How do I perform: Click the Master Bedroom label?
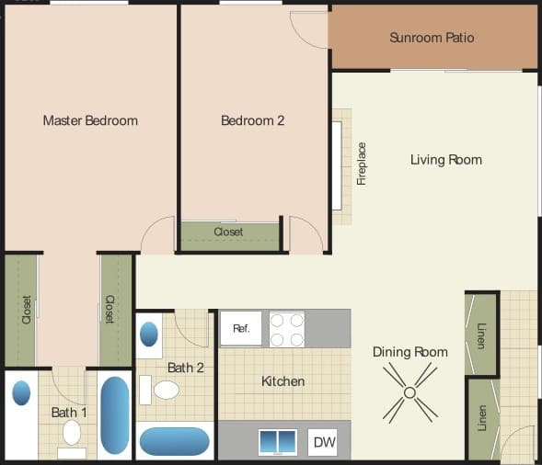pyautogui.click(x=90, y=120)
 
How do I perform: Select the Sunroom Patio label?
pyautogui.click(x=432, y=39)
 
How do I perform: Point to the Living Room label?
pyautogui.click(x=445, y=160)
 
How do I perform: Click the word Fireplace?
pyautogui.click(x=362, y=164)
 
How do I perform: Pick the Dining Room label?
pyautogui.click(x=409, y=352)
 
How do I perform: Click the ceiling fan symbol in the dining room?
pyautogui.click(x=409, y=392)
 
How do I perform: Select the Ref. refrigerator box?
pyautogui.click(x=241, y=328)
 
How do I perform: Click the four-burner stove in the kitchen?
pyautogui.click(x=287, y=329)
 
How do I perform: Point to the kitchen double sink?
pyautogui.click(x=278, y=442)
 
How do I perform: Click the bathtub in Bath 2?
pyautogui.click(x=174, y=441)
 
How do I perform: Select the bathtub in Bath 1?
pyautogui.click(x=115, y=414)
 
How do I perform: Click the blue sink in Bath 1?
pyautogui.click(x=20, y=393)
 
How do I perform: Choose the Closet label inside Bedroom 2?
pyautogui.click(x=228, y=232)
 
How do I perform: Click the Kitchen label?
pyautogui.click(x=283, y=381)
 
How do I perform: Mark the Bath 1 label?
pyautogui.click(x=69, y=413)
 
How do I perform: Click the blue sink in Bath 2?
pyautogui.click(x=149, y=334)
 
